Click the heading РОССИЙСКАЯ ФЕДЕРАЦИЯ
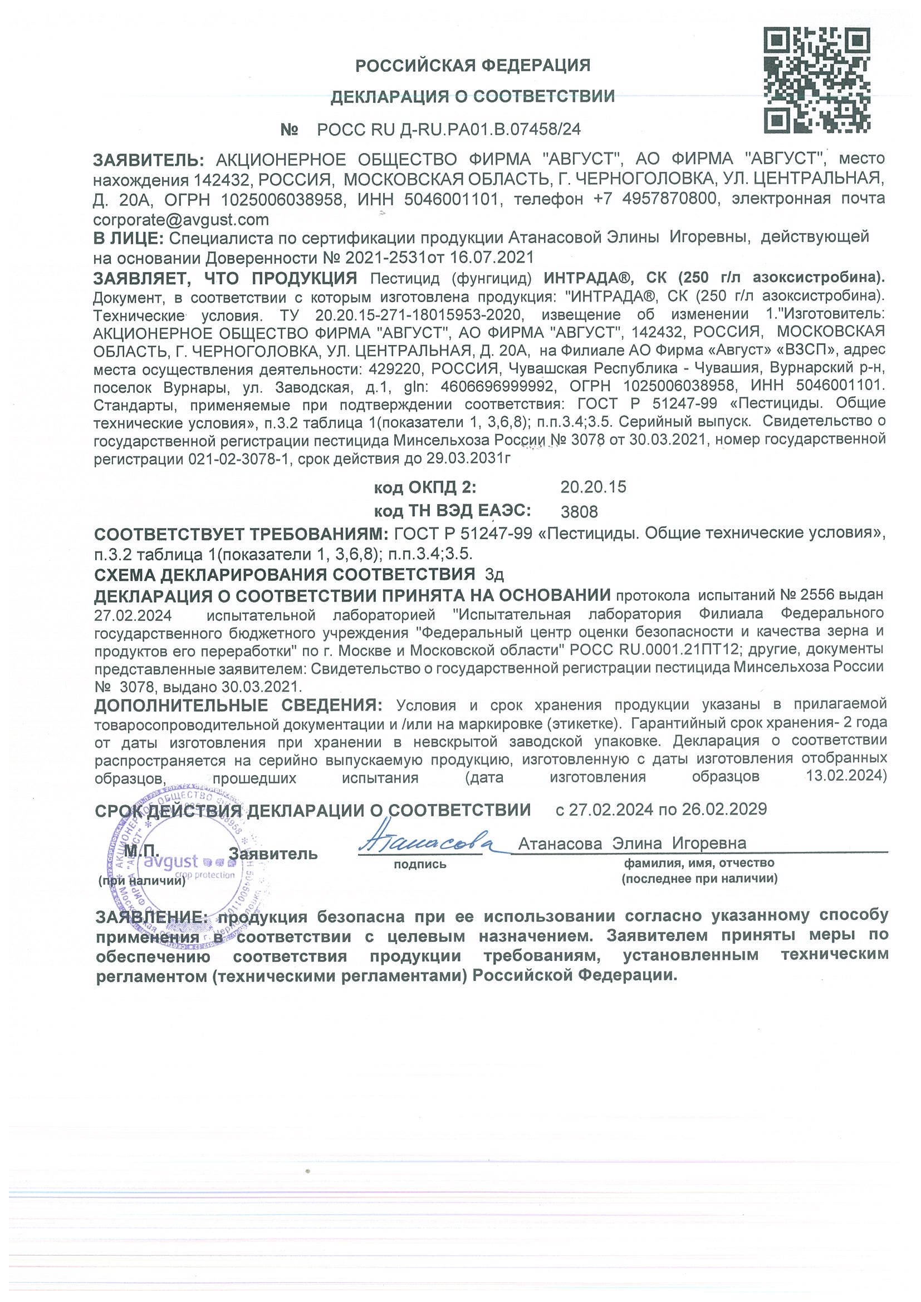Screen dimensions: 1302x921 click(x=473, y=66)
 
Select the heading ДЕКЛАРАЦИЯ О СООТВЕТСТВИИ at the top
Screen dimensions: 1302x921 click(x=473, y=97)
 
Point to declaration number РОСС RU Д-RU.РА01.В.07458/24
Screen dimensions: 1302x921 click(x=449, y=130)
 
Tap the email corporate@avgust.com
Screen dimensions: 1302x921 click(x=181, y=219)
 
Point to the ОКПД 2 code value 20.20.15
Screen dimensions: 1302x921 click(x=593, y=487)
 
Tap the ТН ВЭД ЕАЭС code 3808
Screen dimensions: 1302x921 click(x=579, y=512)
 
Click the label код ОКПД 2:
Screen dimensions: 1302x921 click(x=424, y=487)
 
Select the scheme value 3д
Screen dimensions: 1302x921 click(x=494, y=575)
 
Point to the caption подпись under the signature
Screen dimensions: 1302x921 click(x=420, y=865)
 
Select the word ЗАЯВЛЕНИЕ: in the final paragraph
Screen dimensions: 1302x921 click(x=151, y=917)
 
